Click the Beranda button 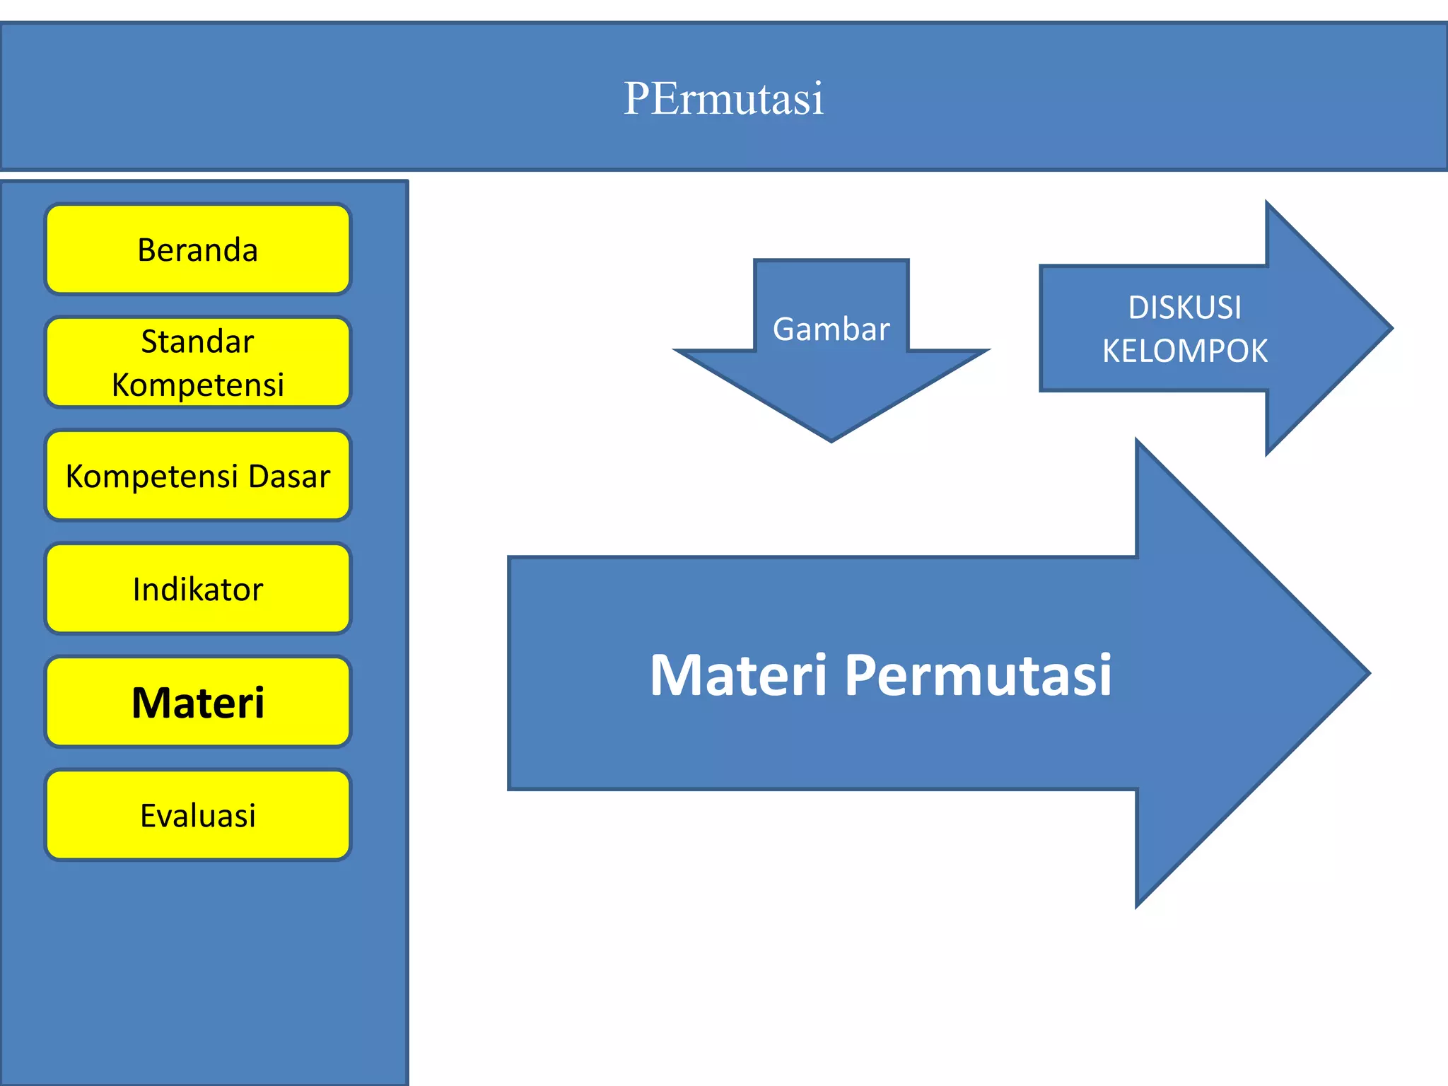click(198, 250)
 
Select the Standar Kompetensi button click(198, 363)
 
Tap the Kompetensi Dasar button click(198, 476)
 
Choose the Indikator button click(198, 589)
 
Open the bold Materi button click(198, 702)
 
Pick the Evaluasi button click(198, 815)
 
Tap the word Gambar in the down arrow click(831, 329)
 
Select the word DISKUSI click(1184, 308)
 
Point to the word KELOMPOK click(1184, 351)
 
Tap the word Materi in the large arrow click(738, 675)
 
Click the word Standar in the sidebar click(197, 341)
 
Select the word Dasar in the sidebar click(289, 477)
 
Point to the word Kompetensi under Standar click(198, 385)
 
